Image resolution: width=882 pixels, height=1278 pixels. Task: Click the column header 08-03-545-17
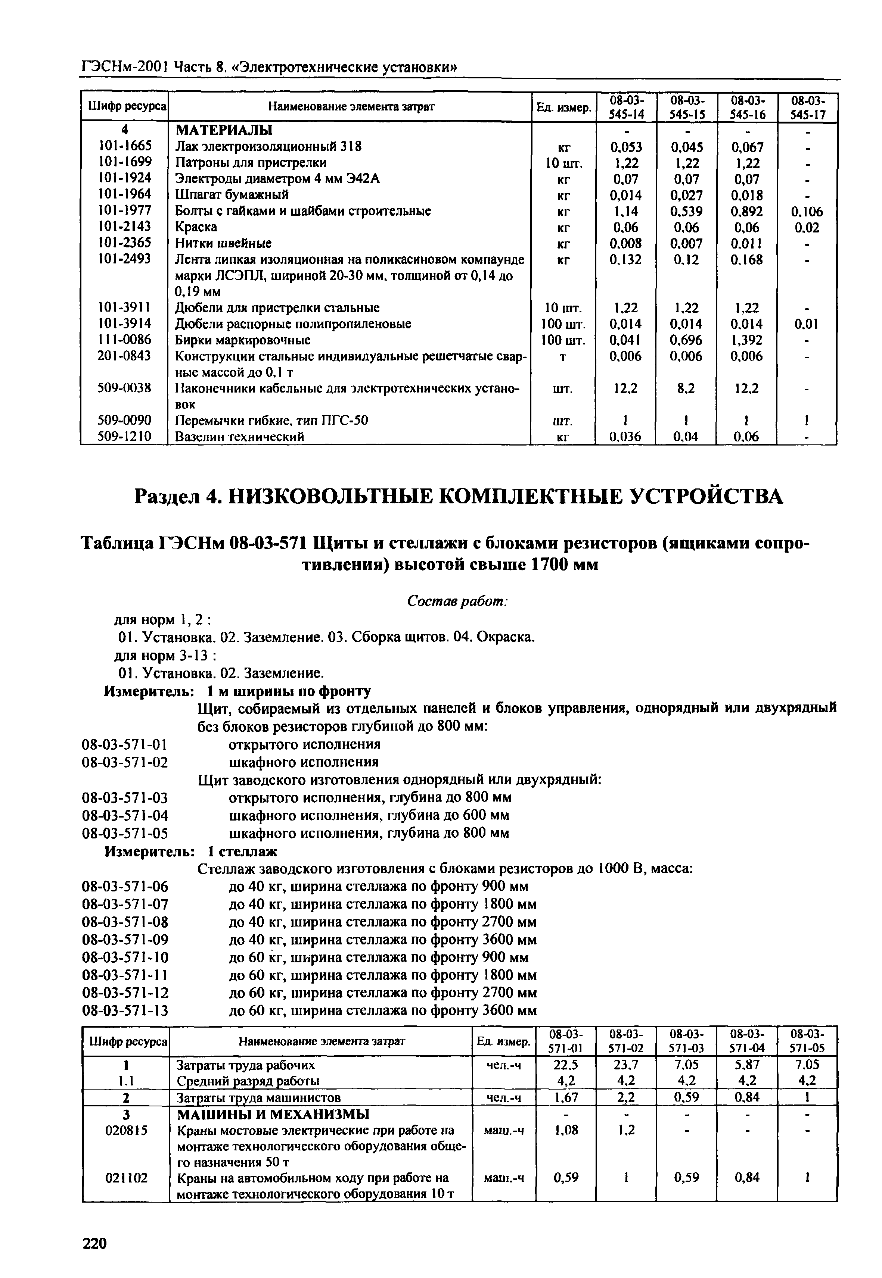(x=807, y=108)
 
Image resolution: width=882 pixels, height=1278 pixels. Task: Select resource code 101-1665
(x=124, y=146)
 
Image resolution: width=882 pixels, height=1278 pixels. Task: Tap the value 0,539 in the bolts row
(x=686, y=212)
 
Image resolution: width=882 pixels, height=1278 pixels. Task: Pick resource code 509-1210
(x=124, y=436)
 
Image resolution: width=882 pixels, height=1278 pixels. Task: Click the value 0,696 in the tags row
(x=686, y=340)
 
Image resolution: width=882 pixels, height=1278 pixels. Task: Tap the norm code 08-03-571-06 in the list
(x=125, y=887)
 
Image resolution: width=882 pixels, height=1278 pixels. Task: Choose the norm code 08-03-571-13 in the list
(x=125, y=1011)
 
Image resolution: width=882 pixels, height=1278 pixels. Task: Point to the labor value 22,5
(x=565, y=1065)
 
